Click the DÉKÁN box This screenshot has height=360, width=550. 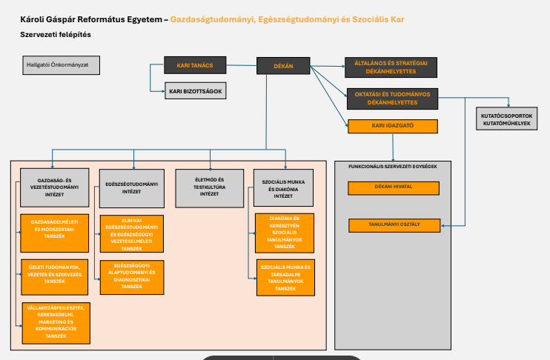pos(284,67)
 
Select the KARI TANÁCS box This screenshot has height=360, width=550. pos(195,66)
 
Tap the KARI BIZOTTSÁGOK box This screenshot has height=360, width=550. pos(195,91)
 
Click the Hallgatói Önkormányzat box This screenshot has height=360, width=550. pos(62,65)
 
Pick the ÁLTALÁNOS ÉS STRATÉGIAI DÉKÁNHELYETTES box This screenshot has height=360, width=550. pos(391,67)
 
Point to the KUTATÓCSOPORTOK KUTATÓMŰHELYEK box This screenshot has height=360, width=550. pos(507,119)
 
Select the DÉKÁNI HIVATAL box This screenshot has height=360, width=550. pos(394,188)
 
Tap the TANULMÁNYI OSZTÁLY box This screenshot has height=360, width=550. pos(394,225)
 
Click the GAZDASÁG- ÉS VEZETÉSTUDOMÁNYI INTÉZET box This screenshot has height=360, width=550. pos(54,188)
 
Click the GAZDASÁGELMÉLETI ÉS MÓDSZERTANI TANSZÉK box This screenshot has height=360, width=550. pos(55,227)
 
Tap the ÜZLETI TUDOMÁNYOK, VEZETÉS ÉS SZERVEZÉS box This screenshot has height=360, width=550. pos(55,272)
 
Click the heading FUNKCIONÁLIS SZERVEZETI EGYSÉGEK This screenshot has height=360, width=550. pos(393,167)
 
